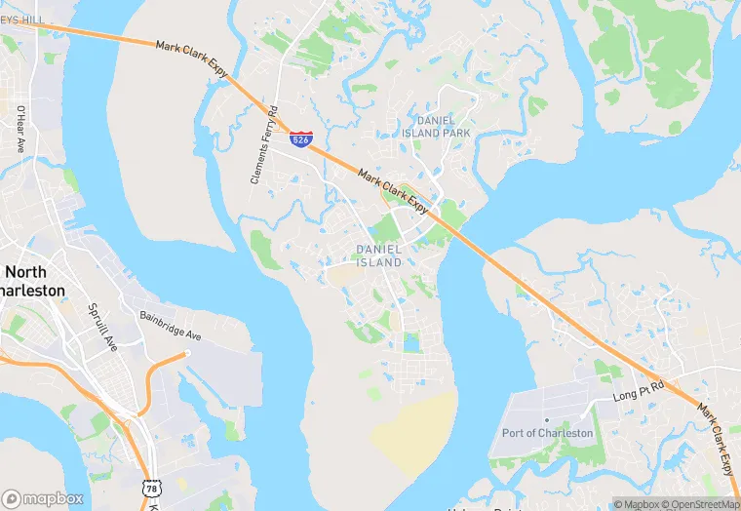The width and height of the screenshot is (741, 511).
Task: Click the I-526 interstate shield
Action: (301, 139)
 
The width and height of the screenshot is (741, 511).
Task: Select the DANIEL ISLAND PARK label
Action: (436, 126)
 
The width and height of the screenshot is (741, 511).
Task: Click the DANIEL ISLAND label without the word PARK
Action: (379, 255)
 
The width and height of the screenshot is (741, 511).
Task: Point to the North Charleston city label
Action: (34, 281)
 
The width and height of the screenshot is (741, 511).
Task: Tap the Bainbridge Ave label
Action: (170, 328)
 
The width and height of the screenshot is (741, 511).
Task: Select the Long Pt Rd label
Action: (638, 393)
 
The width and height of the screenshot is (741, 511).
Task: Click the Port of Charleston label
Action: (547, 433)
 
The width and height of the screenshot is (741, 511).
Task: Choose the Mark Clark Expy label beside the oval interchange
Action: (393, 190)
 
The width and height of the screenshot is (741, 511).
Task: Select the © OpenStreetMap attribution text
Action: (699, 504)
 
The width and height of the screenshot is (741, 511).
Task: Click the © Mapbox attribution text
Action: (635, 504)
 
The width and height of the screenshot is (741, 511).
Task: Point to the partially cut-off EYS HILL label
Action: (22, 20)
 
